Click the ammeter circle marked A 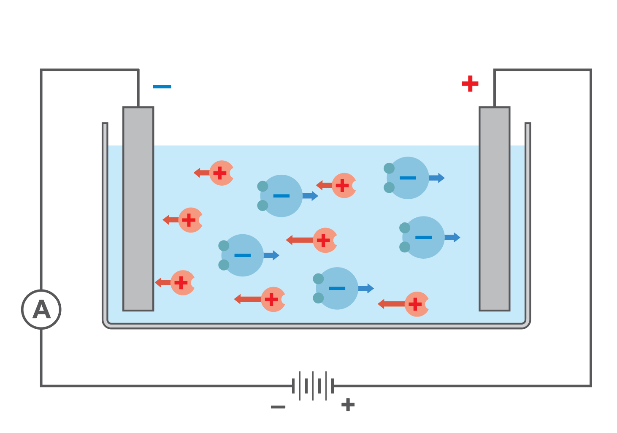tap(41, 309)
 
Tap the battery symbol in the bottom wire tap(313, 386)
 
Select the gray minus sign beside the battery tap(278, 407)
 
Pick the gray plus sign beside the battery tap(348, 405)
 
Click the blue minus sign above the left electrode tap(162, 87)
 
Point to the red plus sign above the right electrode tap(470, 84)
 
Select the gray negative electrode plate tap(138, 209)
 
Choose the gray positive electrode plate tap(494, 209)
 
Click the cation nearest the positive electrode tap(417, 304)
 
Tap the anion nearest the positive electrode tap(423, 237)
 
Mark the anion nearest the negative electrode tap(242, 255)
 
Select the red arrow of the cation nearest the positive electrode tap(391, 304)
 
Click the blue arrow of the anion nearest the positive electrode tap(452, 237)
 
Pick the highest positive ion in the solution tap(221, 173)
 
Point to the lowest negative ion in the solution tap(336, 288)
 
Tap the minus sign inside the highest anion tap(408, 178)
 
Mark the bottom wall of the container tap(317, 326)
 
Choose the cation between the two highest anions tap(344, 185)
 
